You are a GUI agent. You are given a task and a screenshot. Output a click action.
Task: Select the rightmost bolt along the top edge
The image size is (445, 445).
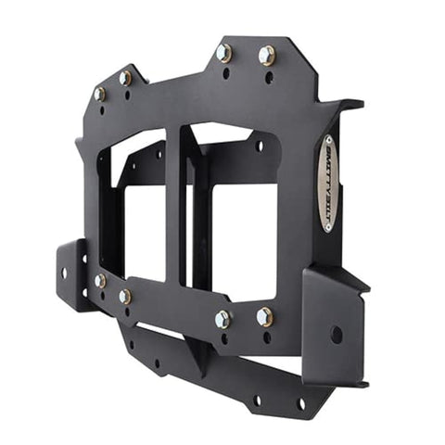point(266,56)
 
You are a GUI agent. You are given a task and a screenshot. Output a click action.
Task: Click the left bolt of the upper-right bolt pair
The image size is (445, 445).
point(223,52)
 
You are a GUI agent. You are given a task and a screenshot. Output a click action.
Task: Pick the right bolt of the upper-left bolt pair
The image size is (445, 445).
point(125,79)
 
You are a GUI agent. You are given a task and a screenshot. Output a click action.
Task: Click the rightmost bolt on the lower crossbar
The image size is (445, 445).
point(264,317)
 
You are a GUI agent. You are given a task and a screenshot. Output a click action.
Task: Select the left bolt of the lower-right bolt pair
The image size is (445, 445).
point(222,319)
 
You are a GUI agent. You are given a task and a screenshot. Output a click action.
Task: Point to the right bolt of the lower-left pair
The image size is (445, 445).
point(124,296)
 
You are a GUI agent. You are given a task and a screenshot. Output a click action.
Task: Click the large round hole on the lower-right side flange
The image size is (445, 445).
point(336,335)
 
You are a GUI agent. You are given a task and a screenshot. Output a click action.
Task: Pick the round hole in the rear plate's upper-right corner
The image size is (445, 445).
point(259,146)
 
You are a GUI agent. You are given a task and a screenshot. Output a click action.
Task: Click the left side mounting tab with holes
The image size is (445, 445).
point(70,273)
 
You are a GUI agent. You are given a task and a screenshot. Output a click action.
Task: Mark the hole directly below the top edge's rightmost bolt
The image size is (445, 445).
point(269,77)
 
